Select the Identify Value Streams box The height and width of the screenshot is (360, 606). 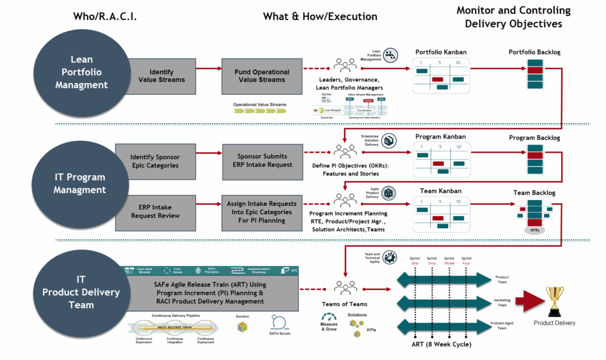coord(161,76)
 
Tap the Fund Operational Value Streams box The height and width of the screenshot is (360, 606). coord(262,76)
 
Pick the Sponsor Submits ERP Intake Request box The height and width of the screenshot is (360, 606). coord(262,160)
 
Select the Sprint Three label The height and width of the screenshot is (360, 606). coord(449,261)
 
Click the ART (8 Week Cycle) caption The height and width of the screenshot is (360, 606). coord(440,345)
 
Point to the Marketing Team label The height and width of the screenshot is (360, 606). coord(500,303)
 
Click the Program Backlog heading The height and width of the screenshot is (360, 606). coord(534,138)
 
